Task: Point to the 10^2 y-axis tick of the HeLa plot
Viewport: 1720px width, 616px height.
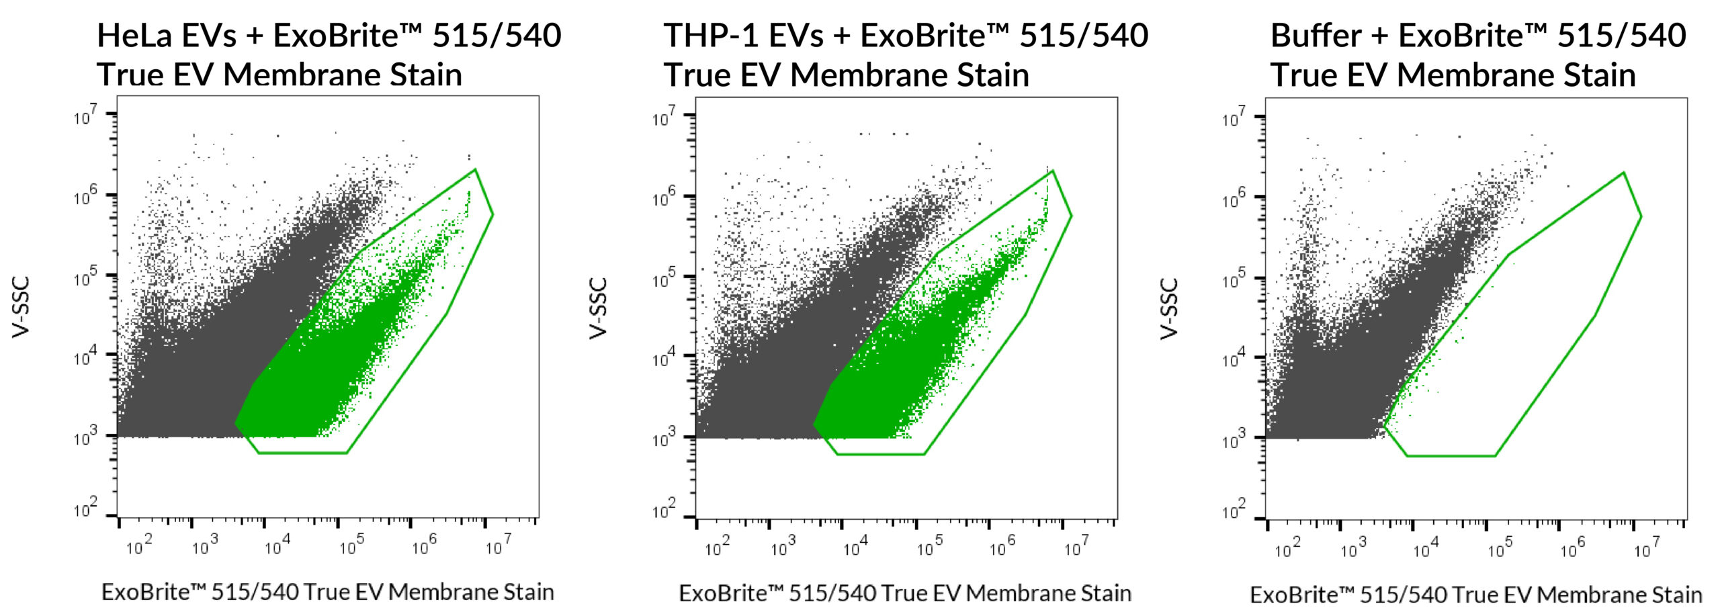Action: pos(85,509)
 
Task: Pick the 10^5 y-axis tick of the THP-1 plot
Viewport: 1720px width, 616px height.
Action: pos(664,278)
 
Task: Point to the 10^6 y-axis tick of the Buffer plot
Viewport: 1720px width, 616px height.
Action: pos(1234,197)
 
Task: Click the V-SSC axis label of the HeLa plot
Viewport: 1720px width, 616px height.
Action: pos(21,306)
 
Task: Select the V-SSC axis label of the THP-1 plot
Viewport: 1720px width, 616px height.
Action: pos(599,308)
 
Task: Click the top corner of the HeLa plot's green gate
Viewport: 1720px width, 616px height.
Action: pos(475,169)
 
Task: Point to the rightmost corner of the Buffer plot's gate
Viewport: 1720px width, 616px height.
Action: pos(1641,216)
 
